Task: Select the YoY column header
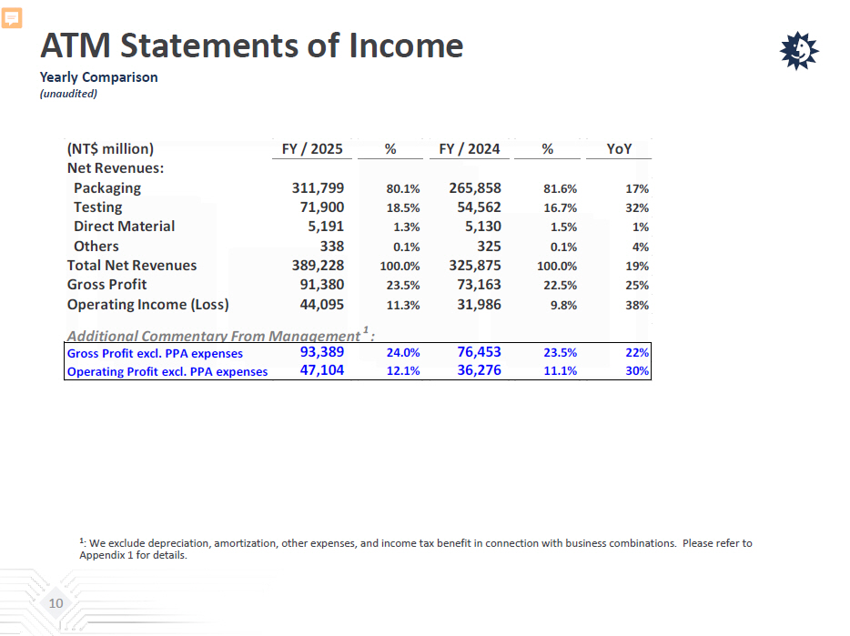coord(620,148)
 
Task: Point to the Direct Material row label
coord(124,227)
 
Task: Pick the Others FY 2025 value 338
coord(331,246)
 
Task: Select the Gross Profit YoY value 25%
coord(637,286)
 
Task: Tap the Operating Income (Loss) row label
coord(147,305)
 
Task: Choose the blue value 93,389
coord(322,352)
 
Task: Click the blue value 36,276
coord(479,370)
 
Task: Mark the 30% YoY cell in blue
coord(637,371)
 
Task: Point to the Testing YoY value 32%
coord(637,208)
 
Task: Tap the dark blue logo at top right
coord(800,51)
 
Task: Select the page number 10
coord(56,604)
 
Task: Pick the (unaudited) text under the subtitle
coord(68,94)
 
